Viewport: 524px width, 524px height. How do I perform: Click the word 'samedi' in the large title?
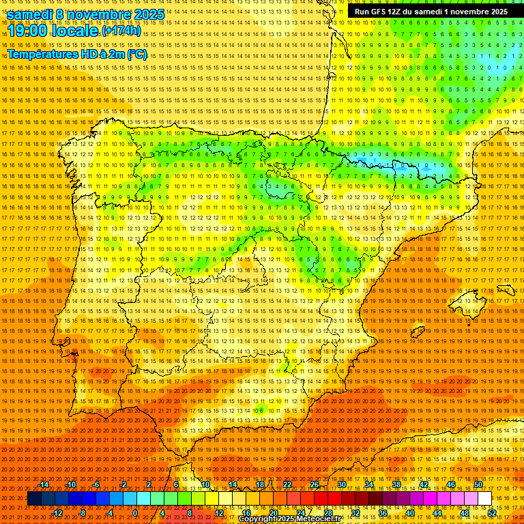31,14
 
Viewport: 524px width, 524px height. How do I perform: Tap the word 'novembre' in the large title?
100,14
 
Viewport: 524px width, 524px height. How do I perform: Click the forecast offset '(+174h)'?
121,31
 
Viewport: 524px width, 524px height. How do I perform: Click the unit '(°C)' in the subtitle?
136,54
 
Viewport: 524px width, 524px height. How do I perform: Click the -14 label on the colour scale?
44,484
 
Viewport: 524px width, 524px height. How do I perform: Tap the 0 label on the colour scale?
135,512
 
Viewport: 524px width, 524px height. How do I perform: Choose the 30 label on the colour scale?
342,484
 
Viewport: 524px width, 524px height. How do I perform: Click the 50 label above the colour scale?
479,484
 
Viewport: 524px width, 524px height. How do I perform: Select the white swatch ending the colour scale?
484,499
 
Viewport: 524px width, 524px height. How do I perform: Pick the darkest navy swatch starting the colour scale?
34,499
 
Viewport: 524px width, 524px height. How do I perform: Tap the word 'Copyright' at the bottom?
257,519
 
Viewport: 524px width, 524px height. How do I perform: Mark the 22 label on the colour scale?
287,484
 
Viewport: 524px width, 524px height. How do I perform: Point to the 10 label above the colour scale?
205,484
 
